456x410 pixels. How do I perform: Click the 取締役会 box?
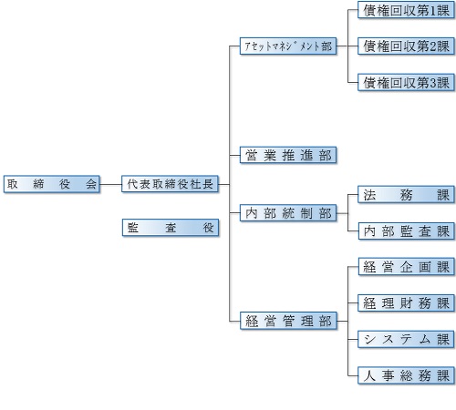click(52, 184)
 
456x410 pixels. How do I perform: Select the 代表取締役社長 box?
click(170, 184)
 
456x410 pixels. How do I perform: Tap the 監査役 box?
click(171, 228)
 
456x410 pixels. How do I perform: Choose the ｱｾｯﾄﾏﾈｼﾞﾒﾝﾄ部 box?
click(288, 46)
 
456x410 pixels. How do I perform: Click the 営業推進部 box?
click(288, 155)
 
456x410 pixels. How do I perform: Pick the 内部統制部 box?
click(288, 213)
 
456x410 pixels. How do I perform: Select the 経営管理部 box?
click(288, 321)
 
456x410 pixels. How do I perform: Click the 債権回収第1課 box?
click(406, 10)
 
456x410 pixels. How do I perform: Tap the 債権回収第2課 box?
click(406, 46)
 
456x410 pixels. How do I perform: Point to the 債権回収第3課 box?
click(406, 82)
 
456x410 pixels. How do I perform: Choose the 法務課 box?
click(406, 195)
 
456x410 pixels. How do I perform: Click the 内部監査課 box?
click(407, 231)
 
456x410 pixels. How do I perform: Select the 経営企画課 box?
click(407, 267)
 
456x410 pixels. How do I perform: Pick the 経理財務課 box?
click(407, 303)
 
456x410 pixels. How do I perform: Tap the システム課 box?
click(406, 339)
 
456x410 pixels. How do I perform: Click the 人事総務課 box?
click(406, 375)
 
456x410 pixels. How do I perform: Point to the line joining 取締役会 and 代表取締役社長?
click(110, 184)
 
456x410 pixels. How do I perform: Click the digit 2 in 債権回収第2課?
click(433, 46)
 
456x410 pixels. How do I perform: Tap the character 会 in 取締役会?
click(91, 184)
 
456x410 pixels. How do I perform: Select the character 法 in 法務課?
click(369, 195)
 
